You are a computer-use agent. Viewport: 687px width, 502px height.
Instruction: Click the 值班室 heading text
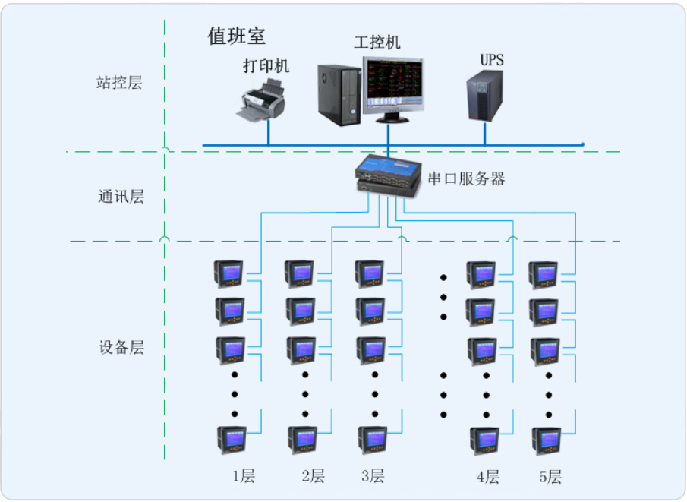click(237, 36)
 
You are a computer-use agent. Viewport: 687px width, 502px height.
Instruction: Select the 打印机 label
click(266, 66)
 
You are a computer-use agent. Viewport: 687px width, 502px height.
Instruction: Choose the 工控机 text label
click(377, 43)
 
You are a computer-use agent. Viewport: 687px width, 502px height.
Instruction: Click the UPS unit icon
click(484, 96)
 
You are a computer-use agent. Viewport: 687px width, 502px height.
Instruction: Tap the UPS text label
click(491, 60)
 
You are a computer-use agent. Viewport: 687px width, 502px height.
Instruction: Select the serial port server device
click(388, 175)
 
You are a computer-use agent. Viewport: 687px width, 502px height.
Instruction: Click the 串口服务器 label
click(467, 179)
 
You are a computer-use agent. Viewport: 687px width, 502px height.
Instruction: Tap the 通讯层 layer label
click(120, 197)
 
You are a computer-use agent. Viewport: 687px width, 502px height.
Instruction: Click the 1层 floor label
click(244, 477)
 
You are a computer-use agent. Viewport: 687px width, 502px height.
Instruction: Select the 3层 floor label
click(373, 477)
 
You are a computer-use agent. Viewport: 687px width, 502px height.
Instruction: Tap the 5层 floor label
click(550, 477)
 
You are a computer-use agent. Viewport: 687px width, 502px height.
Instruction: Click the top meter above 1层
click(229, 274)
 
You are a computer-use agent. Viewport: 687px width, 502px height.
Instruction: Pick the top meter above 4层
click(481, 274)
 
